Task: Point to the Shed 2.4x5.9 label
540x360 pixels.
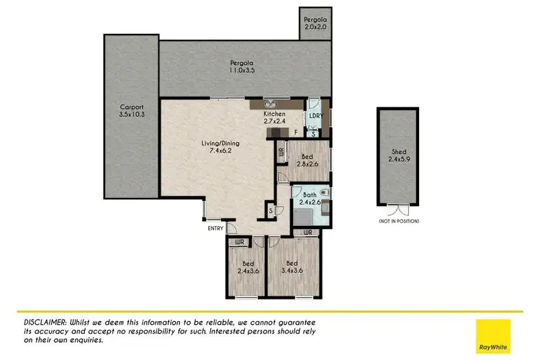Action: [x=398, y=156]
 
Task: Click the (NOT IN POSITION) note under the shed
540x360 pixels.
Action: [x=398, y=221]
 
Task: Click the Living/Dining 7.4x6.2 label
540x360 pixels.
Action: [x=220, y=148]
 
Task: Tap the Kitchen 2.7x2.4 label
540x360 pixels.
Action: [x=276, y=118]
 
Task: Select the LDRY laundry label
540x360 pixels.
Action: [x=315, y=115]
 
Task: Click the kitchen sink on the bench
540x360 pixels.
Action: [x=271, y=102]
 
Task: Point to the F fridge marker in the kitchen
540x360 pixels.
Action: [x=295, y=132]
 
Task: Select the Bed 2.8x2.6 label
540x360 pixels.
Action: [x=307, y=160]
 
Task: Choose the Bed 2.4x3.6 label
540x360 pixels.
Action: [x=248, y=267]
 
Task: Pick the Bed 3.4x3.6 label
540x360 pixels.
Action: [x=292, y=267]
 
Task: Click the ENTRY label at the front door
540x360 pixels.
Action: [x=214, y=229]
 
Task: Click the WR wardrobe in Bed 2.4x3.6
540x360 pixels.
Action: [x=238, y=242]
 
